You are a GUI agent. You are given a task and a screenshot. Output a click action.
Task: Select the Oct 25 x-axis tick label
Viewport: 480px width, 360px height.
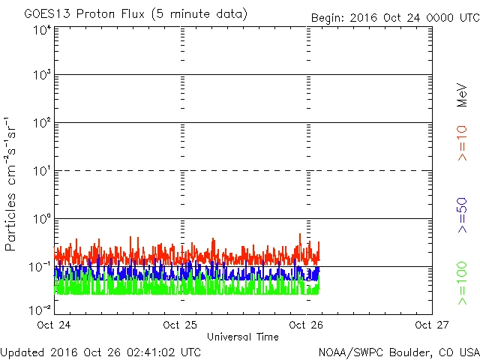click(181, 325)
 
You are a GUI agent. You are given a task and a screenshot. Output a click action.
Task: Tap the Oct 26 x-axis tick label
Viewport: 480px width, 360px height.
click(307, 325)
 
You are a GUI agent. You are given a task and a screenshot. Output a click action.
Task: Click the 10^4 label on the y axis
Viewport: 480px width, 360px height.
click(42, 31)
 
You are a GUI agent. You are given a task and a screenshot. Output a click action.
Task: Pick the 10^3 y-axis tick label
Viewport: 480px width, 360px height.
click(42, 75)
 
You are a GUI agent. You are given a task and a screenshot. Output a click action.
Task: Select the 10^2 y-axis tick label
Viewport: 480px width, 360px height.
click(42, 123)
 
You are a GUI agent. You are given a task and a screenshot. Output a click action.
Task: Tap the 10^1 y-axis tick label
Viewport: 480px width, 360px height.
click(42, 171)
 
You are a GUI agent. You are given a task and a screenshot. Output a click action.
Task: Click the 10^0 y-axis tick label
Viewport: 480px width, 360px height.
click(42, 219)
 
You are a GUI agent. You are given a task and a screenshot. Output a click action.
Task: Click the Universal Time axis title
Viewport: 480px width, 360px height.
click(243, 337)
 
